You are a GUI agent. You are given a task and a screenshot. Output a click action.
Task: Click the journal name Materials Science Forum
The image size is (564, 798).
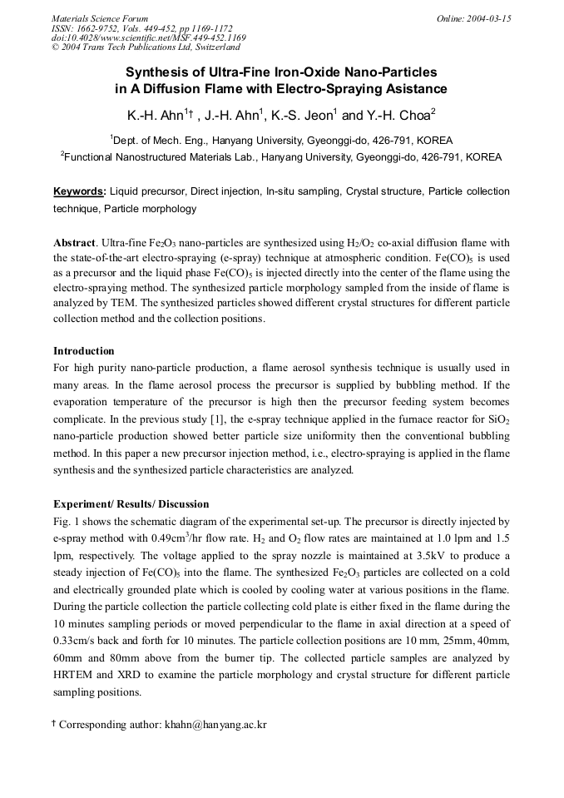100,17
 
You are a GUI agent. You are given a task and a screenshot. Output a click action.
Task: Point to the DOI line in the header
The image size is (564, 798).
148,37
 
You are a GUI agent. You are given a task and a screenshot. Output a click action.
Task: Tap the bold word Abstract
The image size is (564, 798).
74,243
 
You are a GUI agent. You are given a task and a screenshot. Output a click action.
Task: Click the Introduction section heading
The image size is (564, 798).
84,351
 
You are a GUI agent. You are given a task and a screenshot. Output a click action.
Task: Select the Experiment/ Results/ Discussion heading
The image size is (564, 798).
131,504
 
